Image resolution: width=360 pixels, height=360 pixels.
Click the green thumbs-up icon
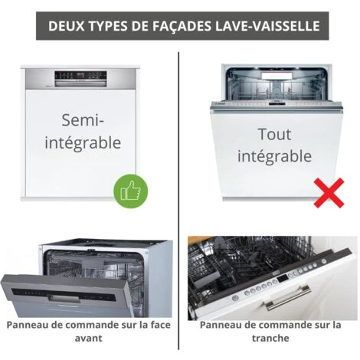[x=131, y=191]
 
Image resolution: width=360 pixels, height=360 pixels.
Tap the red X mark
[x=329, y=193]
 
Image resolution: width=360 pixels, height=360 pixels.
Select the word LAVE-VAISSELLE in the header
[x=267, y=26]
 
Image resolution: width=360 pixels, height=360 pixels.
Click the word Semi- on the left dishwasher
[x=83, y=120]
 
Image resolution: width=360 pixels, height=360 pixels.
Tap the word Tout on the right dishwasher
[x=274, y=134]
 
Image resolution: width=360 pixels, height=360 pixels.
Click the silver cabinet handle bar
[x=287, y=297]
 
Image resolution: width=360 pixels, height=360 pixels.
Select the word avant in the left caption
[x=89, y=338]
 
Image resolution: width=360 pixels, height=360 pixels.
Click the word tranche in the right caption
[x=270, y=338]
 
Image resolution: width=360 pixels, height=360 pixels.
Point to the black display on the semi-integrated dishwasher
[x=80, y=76]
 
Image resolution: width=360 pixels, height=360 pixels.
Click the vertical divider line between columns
[x=178, y=201]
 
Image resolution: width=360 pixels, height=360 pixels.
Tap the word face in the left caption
[x=160, y=325]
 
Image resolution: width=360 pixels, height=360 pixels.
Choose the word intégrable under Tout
[x=274, y=156]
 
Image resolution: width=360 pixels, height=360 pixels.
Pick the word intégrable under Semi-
[x=83, y=143]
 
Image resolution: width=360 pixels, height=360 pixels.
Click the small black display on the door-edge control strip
[x=282, y=278]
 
